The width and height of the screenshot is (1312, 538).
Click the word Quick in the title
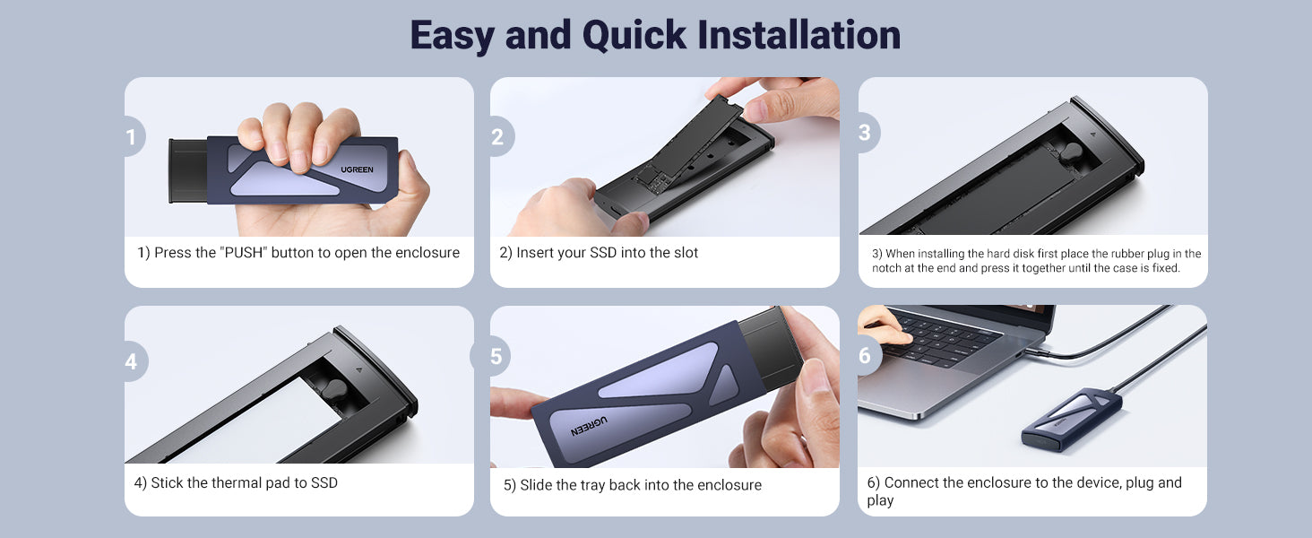pyautogui.click(x=634, y=37)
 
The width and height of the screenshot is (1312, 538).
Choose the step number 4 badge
pyautogui.click(x=134, y=361)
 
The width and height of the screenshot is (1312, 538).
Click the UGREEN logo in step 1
pyautogui.click(x=357, y=169)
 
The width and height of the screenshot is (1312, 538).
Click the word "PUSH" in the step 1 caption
pyautogui.click(x=244, y=253)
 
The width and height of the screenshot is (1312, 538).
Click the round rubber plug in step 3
pyautogui.click(x=1071, y=154)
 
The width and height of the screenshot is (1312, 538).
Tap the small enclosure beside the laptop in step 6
pyautogui.click(x=1071, y=418)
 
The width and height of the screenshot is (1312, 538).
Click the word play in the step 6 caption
pyautogui.click(x=880, y=500)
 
